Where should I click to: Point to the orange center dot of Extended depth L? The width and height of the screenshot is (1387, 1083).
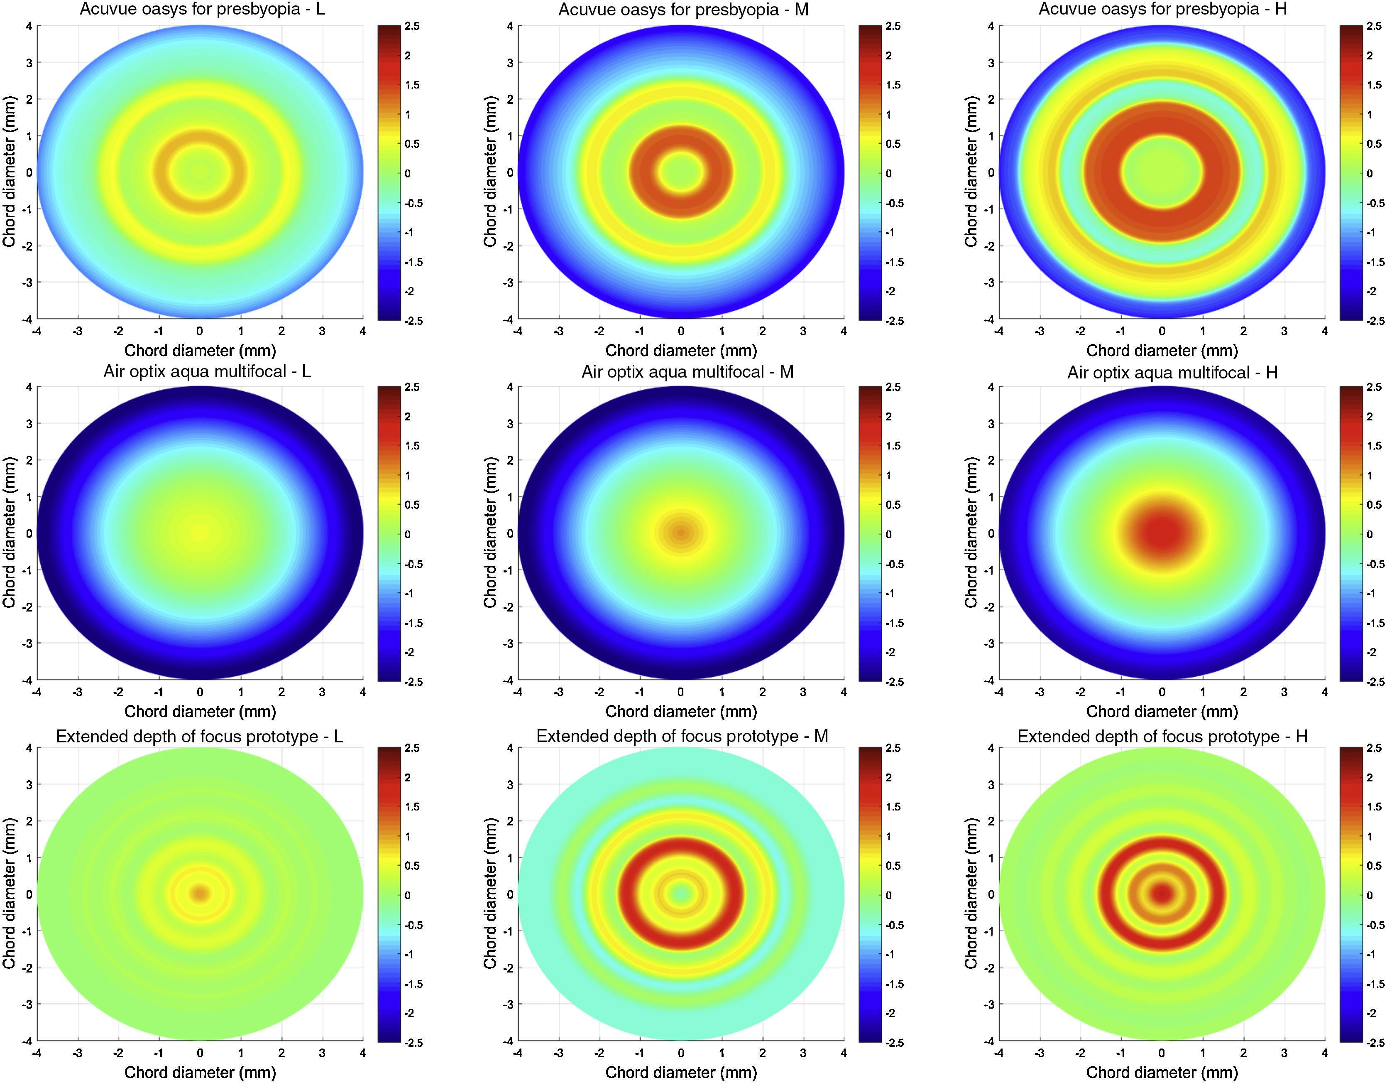(x=200, y=894)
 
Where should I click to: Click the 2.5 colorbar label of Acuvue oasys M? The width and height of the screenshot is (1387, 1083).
(x=893, y=27)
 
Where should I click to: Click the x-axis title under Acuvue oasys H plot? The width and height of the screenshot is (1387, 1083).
(x=1162, y=350)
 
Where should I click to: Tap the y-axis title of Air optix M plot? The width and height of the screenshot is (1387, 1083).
(x=489, y=533)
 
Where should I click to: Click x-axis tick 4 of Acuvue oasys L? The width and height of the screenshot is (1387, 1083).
(x=362, y=331)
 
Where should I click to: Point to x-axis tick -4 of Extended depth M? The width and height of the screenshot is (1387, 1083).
(x=518, y=1053)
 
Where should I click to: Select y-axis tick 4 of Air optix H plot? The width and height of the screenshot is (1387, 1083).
(x=991, y=387)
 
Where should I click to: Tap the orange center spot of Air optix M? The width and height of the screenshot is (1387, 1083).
(x=681, y=533)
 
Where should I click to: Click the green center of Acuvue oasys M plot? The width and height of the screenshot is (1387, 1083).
(x=681, y=171)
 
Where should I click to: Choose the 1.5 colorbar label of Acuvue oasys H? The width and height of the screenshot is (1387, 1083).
(x=1374, y=85)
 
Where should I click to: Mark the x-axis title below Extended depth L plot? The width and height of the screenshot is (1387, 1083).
(x=200, y=1073)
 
